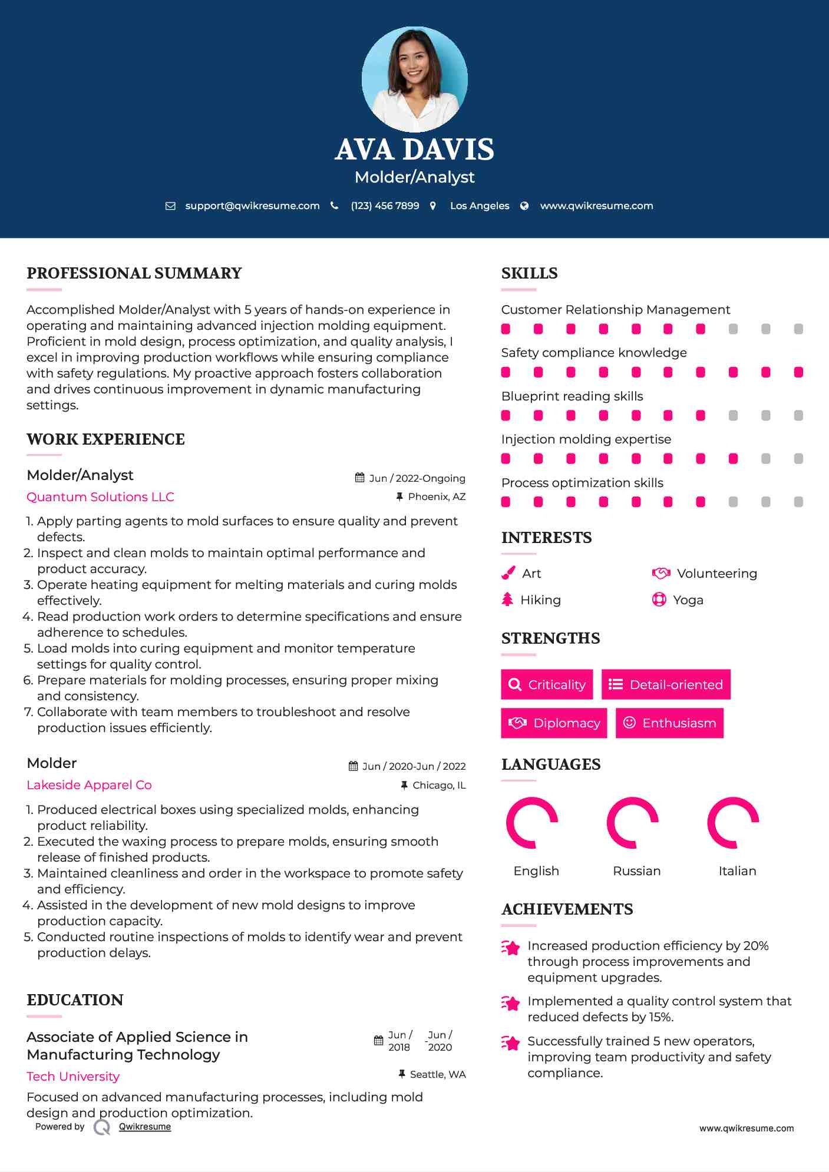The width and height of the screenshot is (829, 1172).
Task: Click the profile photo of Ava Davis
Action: point(414,79)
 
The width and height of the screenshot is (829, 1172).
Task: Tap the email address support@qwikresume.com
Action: point(252,206)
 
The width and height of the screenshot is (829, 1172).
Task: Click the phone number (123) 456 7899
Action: point(385,206)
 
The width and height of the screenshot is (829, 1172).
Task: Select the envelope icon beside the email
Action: point(170,206)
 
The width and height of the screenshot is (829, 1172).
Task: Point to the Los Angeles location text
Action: point(479,206)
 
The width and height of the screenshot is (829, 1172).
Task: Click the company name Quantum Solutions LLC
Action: point(100,496)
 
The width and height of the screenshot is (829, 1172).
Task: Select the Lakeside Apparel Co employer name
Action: point(89,784)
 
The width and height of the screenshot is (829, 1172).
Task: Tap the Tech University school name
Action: point(73,1076)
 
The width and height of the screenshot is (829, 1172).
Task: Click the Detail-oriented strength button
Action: point(666,684)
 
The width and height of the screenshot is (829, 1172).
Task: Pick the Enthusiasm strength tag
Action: point(669,723)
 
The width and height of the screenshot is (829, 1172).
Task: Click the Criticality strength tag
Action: point(547,684)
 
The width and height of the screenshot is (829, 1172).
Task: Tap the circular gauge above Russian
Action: point(632,823)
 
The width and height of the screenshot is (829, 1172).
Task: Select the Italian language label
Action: point(737,870)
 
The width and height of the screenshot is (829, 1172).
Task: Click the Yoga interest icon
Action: point(659,600)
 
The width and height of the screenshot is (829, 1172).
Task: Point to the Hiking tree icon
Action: point(507,600)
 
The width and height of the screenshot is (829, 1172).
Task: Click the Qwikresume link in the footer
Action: point(145,1127)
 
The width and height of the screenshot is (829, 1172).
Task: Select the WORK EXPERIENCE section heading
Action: point(105,439)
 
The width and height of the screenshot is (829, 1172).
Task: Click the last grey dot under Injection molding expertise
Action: point(798,459)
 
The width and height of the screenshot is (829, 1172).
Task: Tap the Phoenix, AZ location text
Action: point(437,496)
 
